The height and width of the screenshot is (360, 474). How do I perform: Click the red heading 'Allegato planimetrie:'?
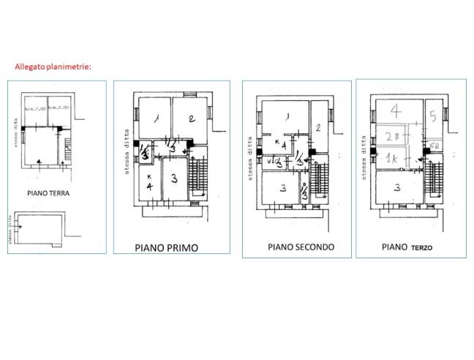pyautogui.click(x=53, y=67)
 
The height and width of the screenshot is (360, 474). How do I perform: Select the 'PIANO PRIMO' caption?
pyautogui.click(x=166, y=247)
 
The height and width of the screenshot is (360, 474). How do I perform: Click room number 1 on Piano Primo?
pyautogui.click(x=156, y=119)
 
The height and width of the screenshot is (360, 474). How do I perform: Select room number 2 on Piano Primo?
pyautogui.click(x=189, y=119)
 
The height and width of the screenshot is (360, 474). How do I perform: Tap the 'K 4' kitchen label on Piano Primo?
pyautogui.click(x=148, y=182)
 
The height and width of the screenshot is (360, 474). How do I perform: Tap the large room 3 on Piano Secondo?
pyautogui.click(x=282, y=188)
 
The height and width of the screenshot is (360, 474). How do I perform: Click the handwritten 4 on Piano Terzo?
pyautogui.click(x=396, y=111)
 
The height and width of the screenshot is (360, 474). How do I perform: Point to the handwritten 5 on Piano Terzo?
pyautogui.click(x=433, y=116)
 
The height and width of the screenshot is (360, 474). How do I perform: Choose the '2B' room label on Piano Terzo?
pyautogui.click(x=391, y=137)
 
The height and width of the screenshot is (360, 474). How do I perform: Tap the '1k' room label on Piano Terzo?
pyautogui.click(x=391, y=159)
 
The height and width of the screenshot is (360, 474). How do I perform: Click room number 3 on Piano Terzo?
pyautogui.click(x=397, y=187)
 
